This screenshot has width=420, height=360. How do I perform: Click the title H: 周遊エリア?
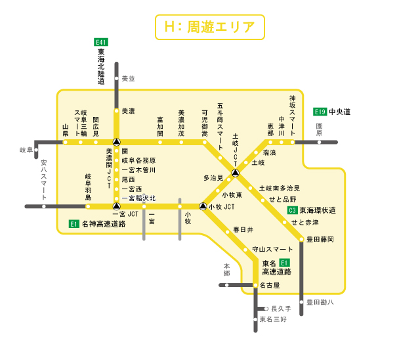pyautogui.click(x=209, y=27)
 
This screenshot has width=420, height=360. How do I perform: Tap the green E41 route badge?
pyautogui.click(x=101, y=42)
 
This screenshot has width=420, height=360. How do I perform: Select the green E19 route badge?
pyautogui.click(x=320, y=112)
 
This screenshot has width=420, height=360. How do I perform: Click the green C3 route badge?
pyautogui.click(x=293, y=210)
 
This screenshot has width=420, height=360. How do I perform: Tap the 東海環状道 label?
pyautogui.click(x=318, y=210)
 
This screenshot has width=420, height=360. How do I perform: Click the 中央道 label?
pyautogui.click(x=340, y=112)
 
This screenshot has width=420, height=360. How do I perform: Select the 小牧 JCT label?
pyautogui.click(x=221, y=207)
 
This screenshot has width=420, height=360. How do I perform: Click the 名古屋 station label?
pyautogui.click(x=269, y=285)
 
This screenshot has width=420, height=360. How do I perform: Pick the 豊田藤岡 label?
pyautogui.click(x=321, y=239)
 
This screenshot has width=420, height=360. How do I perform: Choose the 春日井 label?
pyautogui.click(x=243, y=230)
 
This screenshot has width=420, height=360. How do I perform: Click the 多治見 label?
pyautogui.click(x=213, y=177)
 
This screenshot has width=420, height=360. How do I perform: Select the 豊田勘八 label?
pyautogui.click(x=321, y=302)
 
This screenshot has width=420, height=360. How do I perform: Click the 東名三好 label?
pyautogui.click(x=273, y=319)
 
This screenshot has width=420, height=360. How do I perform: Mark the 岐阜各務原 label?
pyautogui.click(x=138, y=160)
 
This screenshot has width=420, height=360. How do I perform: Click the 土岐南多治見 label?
pyautogui.click(x=279, y=188)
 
